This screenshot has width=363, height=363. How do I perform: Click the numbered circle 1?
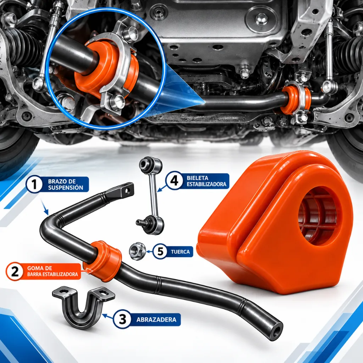(34, 184)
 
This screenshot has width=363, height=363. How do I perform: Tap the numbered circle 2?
(15, 271)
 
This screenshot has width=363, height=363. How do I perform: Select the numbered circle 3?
(122, 319)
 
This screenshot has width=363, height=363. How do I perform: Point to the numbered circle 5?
(161, 251)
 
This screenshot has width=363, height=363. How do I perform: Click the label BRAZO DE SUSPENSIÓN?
(66, 184)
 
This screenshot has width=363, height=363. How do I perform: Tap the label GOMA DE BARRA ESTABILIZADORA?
(52, 271)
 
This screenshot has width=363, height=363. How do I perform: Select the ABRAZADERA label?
(156, 320)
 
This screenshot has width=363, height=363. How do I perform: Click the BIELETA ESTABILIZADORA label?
(207, 181)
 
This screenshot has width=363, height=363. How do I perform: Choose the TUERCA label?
(180, 252)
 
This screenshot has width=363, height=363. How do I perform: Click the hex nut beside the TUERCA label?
(137, 251)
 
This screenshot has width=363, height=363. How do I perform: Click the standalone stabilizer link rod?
(151, 196)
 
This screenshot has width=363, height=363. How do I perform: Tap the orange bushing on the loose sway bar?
(103, 261)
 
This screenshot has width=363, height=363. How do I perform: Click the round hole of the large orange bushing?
(319, 217)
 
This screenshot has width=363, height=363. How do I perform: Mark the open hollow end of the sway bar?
(276, 331)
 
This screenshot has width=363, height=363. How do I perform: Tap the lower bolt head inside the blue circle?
(116, 102)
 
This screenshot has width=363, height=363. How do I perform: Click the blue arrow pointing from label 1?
(45, 208)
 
